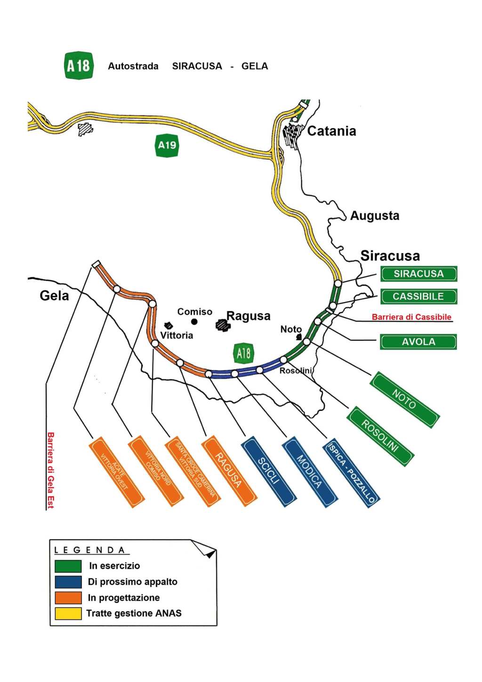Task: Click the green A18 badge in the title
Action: [79, 66]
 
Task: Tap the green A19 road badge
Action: [167, 145]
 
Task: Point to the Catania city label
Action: [331, 131]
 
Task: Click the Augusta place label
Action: [375, 216]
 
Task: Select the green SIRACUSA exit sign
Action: [418, 274]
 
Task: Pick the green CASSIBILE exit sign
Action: [418, 296]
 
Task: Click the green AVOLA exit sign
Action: [418, 342]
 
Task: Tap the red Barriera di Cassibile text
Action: [411, 317]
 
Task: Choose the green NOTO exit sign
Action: [405, 400]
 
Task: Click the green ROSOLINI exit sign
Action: [380, 436]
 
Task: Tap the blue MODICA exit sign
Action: [309, 471]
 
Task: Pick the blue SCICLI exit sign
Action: [269, 471]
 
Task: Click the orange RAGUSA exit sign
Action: [229, 470]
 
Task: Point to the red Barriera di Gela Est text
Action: [50, 470]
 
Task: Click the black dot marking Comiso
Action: [194, 322]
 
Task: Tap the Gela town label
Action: [54, 296]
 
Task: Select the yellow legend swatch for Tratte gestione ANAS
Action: [68, 613]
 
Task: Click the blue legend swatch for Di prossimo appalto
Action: [68, 582]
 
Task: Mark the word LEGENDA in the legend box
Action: [89, 550]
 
